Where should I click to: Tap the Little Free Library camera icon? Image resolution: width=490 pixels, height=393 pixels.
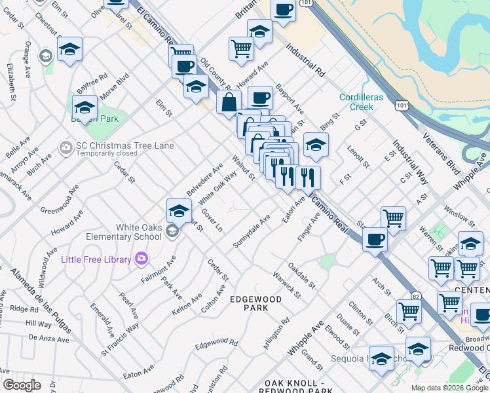point(141,259)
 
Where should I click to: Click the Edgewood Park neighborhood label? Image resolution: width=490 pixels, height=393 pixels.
point(255,303)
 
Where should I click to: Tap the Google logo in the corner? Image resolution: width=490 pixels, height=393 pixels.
point(22,385)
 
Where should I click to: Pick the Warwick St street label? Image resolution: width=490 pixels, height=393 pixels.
point(286,285)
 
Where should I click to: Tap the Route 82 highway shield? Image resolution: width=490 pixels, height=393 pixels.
point(413,295)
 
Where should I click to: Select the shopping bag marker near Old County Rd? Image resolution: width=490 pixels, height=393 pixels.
point(229,102)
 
